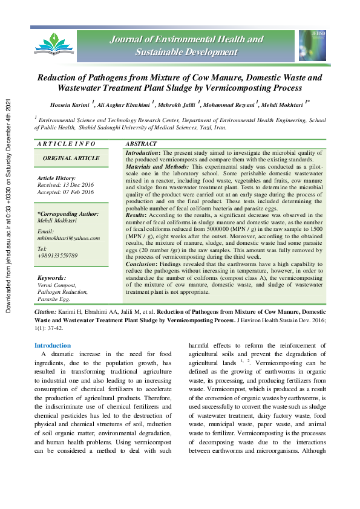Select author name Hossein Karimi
(69, 105)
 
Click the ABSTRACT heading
(141, 144)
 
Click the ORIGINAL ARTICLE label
(71, 158)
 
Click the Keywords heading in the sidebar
(54, 278)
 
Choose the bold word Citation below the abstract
(45, 311)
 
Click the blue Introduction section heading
(53, 346)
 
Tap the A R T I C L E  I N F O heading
(66, 144)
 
